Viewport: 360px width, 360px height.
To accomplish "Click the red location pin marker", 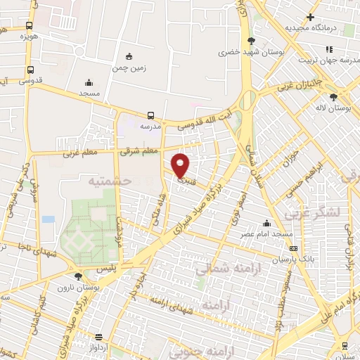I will pyautogui.click(x=181, y=165).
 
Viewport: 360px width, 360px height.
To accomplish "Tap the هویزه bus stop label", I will pyautogui.click(x=28, y=35).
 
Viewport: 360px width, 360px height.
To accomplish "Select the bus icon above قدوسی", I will pyautogui.click(x=30, y=70).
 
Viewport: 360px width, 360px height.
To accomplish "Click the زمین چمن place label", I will pyautogui.click(x=128, y=69).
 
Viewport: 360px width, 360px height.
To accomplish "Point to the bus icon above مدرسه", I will pyautogui.click(x=150, y=115).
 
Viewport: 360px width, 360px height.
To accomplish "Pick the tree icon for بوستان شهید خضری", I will pyautogui.click(x=251, y=41).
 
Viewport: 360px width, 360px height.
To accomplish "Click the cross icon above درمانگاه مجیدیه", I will pyautogui.click(x=310, y=17).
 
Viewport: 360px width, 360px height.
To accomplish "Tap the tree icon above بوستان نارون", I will pyautogui.click(x=77, y=276).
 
